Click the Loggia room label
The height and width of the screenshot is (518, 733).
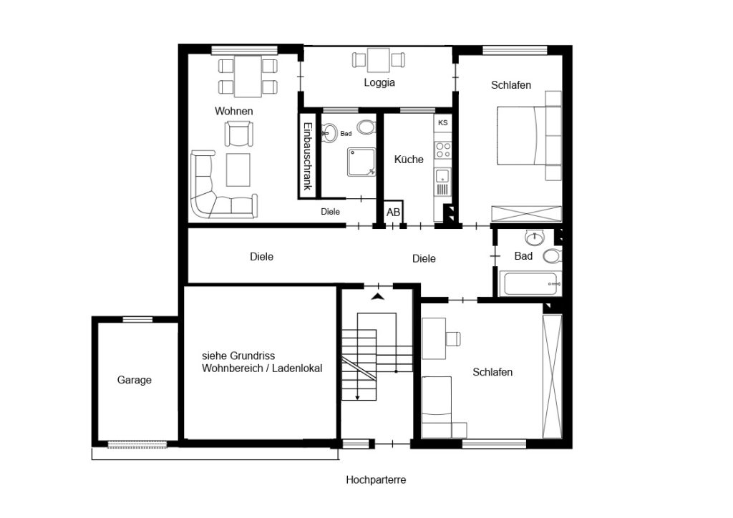coord(379,83)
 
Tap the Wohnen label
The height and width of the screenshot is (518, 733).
coord(234,111)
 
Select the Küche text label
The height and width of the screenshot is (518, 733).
coord(409,160)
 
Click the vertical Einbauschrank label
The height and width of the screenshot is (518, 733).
coord(308,156)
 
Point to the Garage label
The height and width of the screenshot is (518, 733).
coord(134,380)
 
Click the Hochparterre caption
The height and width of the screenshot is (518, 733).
coord(376,480)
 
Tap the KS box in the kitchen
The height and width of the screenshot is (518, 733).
coord(442,123)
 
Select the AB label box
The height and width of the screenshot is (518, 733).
coord(393,212)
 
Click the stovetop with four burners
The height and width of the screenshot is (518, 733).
coord(443,150)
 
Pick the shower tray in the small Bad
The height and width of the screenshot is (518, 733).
coord(361,162)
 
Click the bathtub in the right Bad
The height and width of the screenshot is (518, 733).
coord(530,283)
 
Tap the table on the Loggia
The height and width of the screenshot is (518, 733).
coord(379,60)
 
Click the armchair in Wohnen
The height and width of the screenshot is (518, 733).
coord(239,134)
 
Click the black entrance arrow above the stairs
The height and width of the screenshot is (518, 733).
coord(378,296)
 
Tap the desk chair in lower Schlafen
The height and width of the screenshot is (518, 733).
coord(453,338)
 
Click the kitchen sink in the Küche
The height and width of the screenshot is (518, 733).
coord(442,176)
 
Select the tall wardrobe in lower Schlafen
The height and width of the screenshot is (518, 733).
coord(552,376)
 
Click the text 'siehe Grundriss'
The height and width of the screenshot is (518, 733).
coord(238,356)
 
